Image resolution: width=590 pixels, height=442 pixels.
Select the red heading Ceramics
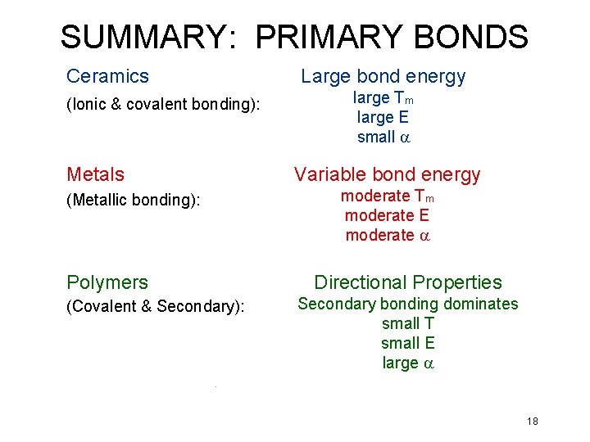[107, 76]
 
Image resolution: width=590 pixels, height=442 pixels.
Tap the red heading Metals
[95, 174]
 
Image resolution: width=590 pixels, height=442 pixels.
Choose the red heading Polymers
[107, 282]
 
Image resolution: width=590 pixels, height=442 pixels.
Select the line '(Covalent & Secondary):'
[156, 307]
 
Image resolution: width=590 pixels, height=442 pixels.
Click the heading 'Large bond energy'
[383, 77]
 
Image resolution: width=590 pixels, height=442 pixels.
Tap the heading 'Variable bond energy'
[387, 174]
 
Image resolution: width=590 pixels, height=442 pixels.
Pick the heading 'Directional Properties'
[407, 282]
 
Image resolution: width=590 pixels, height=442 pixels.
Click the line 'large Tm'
[383, 98]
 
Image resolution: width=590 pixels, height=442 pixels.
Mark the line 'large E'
[383, 118]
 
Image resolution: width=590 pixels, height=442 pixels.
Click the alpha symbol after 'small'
[403, 138]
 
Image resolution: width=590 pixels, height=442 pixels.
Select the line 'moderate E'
[387, 216]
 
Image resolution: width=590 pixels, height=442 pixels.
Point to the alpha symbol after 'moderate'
[424, 236]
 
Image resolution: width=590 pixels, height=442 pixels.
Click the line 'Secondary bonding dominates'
[407, 304]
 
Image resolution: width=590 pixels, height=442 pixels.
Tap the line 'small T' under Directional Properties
[407, 323]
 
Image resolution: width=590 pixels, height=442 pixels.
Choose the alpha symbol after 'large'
[427, 363]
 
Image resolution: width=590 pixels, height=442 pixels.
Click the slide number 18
[533, 422]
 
